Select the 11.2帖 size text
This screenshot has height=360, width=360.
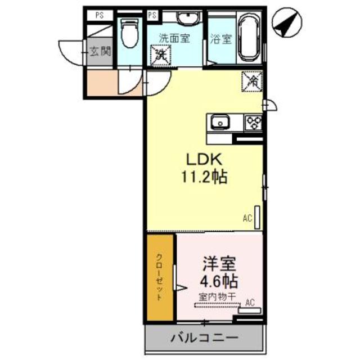click(204, 178)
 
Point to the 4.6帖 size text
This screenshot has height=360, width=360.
click(218, 281)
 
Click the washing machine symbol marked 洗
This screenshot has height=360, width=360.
click(161, 55)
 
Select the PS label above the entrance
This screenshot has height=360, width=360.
click(99, 15)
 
